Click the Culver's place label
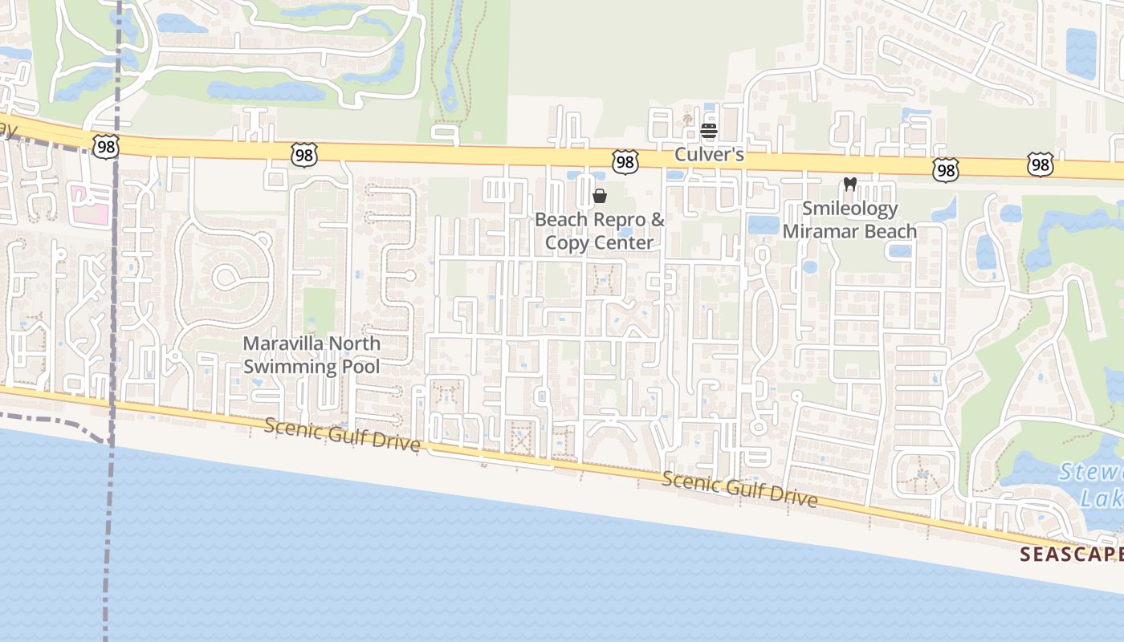point(709,154)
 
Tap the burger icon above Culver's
point(709,130)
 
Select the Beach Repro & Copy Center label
point(600,231)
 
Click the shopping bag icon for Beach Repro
point(600,196)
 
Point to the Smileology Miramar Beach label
point(849,221)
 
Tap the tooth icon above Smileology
point(850,185)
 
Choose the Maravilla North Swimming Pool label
point(312,355)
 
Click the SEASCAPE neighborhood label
point(1071,554)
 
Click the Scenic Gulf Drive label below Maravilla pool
point(342,437)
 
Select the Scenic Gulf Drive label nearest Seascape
point(739,490)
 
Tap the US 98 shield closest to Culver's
point(625,162)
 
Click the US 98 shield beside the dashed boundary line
point(105,146)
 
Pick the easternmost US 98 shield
point(1041,165)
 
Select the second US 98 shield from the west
point(304,154)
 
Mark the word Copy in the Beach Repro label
point(562,242)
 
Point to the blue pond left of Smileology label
point(764,225)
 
